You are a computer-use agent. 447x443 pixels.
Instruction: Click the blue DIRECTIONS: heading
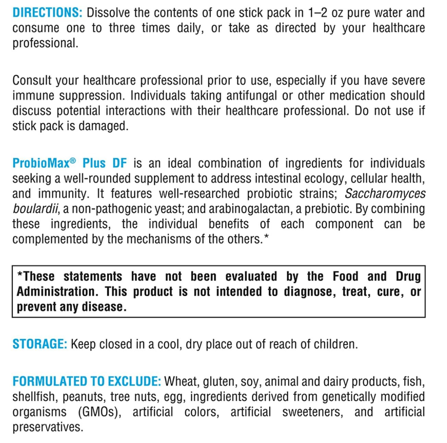pyautogui.click(x=47, y=13)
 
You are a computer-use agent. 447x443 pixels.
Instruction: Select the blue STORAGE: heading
pyautogui.click(x=40, y=344)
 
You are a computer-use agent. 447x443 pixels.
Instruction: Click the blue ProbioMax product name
pyautogui.click(x=41, y=163)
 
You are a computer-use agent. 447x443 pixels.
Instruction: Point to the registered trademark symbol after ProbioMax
pyautogui.click(x=73, y=160)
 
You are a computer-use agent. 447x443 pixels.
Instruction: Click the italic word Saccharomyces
pyautogui.click(x=385, y=194)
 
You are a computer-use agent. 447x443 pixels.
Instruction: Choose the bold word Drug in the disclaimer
pyautogui.click(x=408, y=276)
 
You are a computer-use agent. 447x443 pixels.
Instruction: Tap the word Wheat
pyautogui.click(x=181, y=381)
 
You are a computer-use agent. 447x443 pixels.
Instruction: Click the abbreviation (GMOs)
pyautogui.click(x=100, y=412)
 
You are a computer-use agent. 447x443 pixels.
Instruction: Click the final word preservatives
pyautogui.click(x=48, y=427)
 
